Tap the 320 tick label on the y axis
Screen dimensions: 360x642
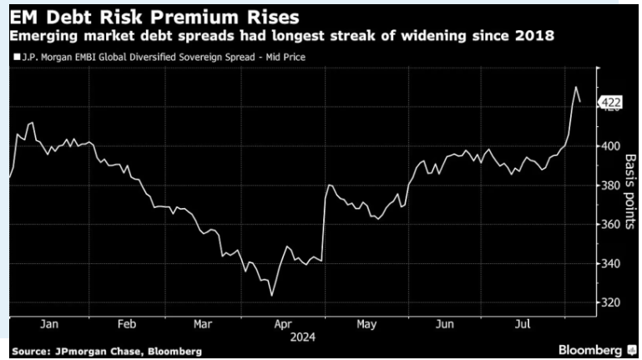click(x=610, y=303)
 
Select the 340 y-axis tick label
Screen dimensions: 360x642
click(x=610, y=264)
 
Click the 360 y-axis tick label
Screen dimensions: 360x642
click(x=610, y=225)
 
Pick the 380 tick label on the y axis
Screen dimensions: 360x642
click(x=610, y=185)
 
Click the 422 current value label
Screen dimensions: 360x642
click(x=610, y=104)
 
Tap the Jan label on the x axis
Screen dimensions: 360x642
click(x=48, y=325)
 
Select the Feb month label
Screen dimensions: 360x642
click(x=127, y=325)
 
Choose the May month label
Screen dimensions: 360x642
click(x=365, y=325)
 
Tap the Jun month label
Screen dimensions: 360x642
click(x=445, y=325)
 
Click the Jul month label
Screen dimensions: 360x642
click(x=523, y=325)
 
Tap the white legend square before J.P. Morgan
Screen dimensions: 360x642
click(x=17, y=58)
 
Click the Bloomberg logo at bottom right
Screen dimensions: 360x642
click(x=589, y=348)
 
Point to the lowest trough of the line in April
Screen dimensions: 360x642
click(x=271, y=295)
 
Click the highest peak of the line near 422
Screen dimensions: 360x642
click(x=575, y=87)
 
